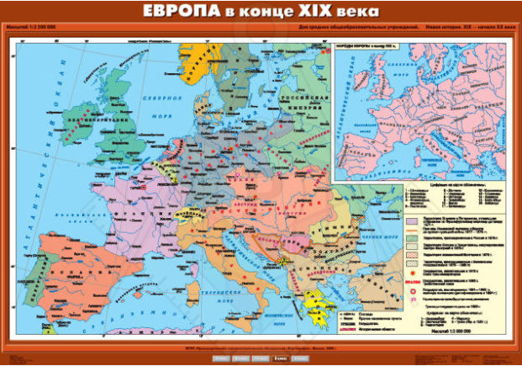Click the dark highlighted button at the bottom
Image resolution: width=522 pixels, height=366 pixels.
pyautogui.click(x=278, y=358)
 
